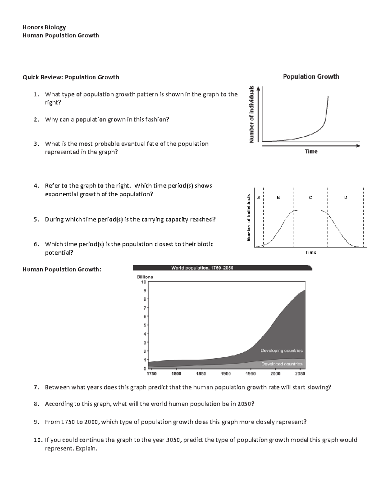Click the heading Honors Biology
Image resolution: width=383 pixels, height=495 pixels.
(x=44, y=27)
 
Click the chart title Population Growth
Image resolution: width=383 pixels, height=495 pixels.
(x=311, y=76)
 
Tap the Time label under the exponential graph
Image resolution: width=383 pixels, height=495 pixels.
(x=311, y=151)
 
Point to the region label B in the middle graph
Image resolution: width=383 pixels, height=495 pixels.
(x=278, y=198)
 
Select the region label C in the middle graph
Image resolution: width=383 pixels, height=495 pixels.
(x=310, y=198)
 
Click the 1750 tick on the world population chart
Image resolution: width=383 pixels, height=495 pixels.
(x=151, y=374)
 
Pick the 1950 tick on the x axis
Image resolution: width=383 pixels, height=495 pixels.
(x=251, y=374)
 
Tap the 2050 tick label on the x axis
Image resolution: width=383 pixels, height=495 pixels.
(x=300, y=374)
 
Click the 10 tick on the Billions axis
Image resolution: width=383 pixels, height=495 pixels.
(x=143, y=282)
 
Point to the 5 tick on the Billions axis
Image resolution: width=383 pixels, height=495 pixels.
(x=144, y=325)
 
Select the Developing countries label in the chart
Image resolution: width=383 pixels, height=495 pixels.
(x=281, y=351)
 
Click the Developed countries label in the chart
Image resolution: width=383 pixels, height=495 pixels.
(x=282, y=364)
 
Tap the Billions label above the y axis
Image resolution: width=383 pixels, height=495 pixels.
(x=145, y=277)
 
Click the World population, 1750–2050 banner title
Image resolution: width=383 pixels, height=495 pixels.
(x=202, y=268)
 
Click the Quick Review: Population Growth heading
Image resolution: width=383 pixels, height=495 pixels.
(x=71, y=77)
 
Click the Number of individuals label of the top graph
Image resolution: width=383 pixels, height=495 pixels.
(x=252, y=114)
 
